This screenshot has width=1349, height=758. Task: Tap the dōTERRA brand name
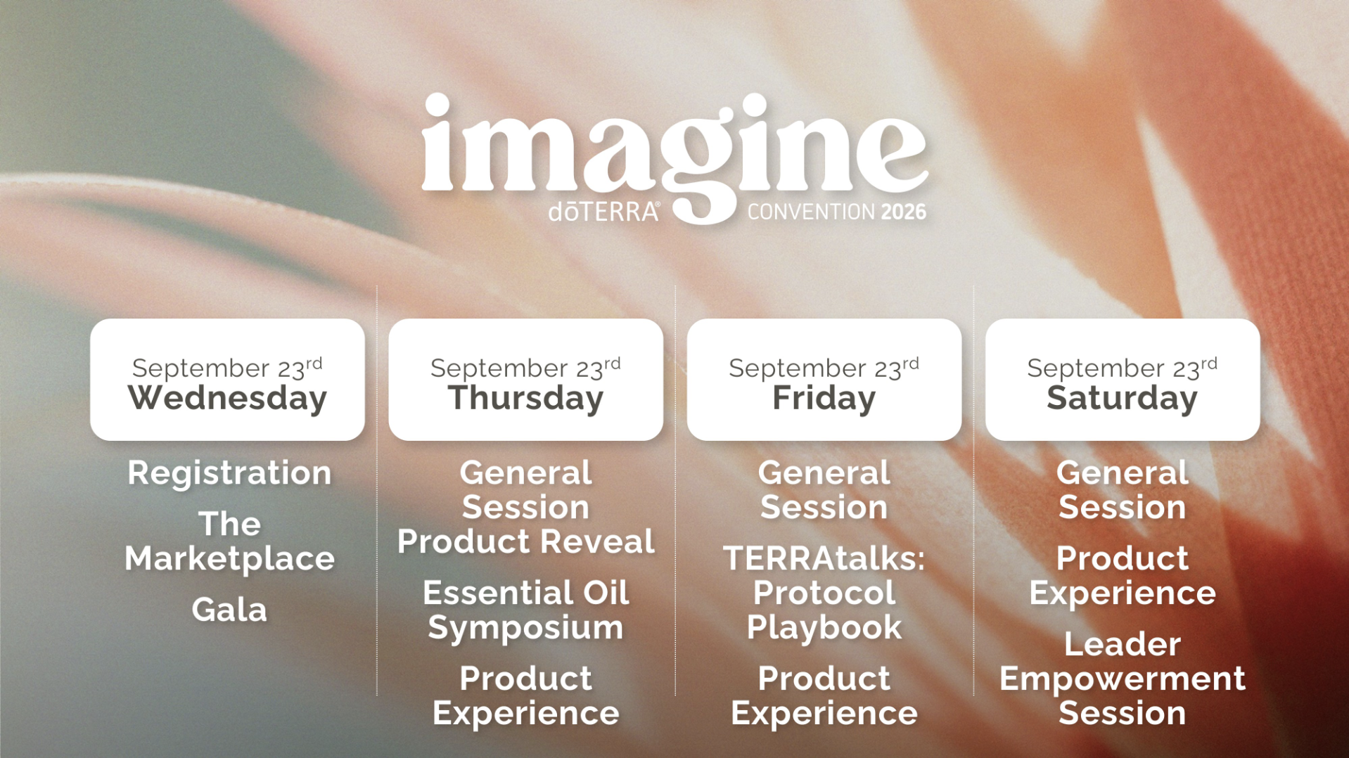[x=604, y=212]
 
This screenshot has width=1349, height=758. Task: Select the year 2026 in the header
[x=904, y=212]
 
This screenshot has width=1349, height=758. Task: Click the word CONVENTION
[x=811, y=212]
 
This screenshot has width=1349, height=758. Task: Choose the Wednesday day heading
[x=227, y=398]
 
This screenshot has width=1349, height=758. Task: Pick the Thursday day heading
[x=525, y=398]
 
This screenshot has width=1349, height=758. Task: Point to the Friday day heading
[x=824, y=398]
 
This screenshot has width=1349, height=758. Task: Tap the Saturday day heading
[x=1122, y=398]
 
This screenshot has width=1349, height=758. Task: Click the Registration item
[x=229, y=473]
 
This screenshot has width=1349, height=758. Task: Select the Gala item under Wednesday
[x=229, y=610]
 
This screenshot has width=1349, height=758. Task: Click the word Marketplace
[x=229, y=558]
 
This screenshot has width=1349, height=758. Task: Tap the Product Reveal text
[x=525, y=541]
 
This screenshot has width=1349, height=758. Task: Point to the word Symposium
[x=525, y=627]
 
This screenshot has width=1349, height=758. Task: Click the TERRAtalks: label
[x=824, y=558]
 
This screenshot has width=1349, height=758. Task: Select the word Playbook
[x=824, y=627]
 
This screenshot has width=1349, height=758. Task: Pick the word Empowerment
[x=1122, y=679]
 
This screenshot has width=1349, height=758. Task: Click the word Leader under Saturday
[x=1122, y=644]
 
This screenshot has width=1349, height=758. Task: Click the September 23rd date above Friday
[x=824, y=368]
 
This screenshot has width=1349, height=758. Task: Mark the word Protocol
[x=824, y=593]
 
